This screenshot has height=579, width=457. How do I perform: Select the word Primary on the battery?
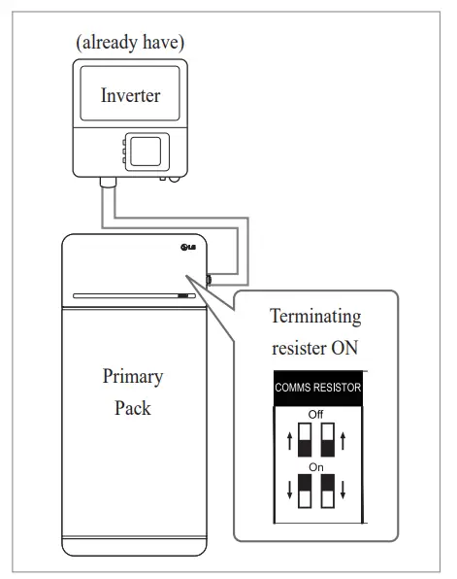point(132,377)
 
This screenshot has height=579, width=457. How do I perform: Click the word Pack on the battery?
point(132,408)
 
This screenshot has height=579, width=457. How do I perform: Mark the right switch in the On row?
point(328,492)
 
